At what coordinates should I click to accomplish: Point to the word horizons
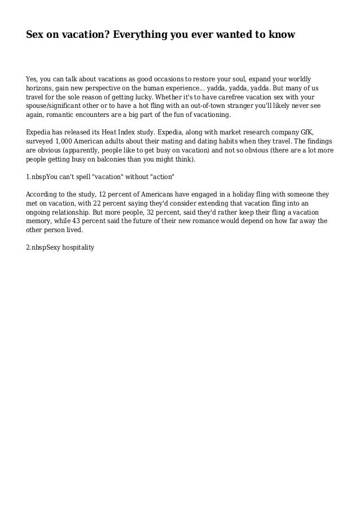point(40,88)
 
